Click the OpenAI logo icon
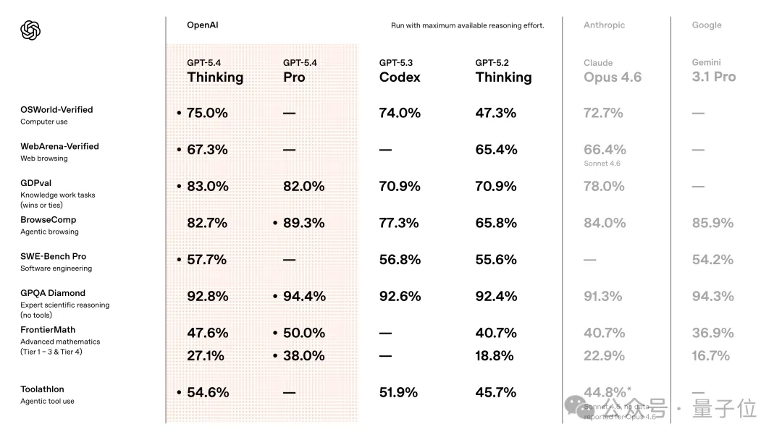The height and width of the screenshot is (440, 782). tap(30, 30)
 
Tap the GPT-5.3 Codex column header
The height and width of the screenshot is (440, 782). tap(399, 71)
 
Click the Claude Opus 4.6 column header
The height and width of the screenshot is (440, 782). tap(612, 71)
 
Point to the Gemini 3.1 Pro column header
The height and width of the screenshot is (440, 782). tap(713, 71)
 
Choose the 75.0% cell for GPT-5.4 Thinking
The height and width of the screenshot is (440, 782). tap(207, 113)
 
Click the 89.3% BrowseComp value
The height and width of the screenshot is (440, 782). tap(303, 223)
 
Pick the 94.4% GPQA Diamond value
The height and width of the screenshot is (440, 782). tap(303, 296)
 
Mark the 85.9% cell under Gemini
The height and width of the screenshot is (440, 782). tap(712, 223)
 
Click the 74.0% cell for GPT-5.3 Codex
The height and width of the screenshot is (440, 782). tap(400, 113)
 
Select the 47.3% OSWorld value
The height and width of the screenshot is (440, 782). tap(496, 113)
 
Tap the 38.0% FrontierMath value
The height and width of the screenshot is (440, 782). tap(303, 355)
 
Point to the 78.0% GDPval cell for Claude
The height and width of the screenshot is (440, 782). tap(604, 186)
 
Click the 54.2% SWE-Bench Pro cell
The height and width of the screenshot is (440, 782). tap(712, 259)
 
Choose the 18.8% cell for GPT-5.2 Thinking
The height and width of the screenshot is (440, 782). tap(496, 355)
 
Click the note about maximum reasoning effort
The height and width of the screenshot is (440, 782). tap(467, 26)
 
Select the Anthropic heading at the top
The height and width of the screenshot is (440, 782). tap(603, 25)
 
